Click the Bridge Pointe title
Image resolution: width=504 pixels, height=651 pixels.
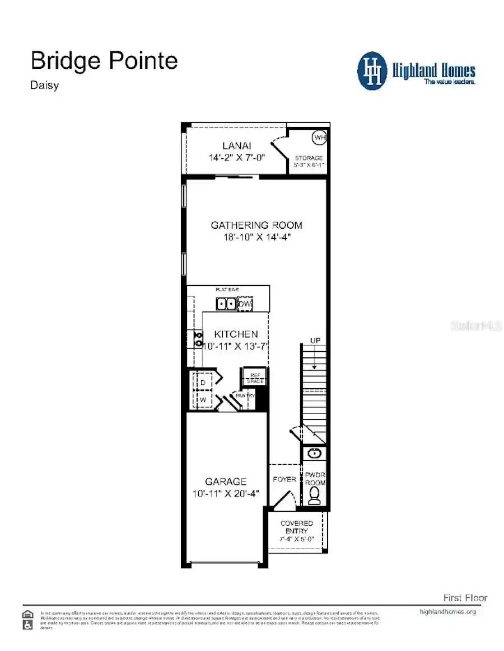(x=104, y=60)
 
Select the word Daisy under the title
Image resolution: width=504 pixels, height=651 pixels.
(x=45, y=86)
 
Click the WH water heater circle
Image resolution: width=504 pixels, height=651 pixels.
(x=319, y=137)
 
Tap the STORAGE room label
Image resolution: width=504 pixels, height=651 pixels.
(x=309, y=158)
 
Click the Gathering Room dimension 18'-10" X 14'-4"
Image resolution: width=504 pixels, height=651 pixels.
(x=256, y=237)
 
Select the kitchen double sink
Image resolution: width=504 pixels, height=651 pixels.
(x=226, y=304)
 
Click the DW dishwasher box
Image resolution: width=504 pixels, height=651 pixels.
(x=245, y=304)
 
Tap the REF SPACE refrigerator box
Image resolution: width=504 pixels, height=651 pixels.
(x=255, y=378)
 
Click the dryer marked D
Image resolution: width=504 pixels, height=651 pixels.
(x=203, y=381)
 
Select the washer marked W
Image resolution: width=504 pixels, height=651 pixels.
(x=203, y=400)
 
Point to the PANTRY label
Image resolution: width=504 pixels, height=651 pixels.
(x=245, y=395)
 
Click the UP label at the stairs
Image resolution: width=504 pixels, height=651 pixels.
(x=315, y=341)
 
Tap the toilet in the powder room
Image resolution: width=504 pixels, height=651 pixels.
(x=315, y=495)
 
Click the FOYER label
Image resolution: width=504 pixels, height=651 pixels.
(x=284, y=479)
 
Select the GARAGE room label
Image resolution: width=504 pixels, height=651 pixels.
(x=226, y=481)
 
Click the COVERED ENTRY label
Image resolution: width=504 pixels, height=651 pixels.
(x=297, y=527)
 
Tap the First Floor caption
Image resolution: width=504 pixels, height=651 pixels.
(x=465, y=598)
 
